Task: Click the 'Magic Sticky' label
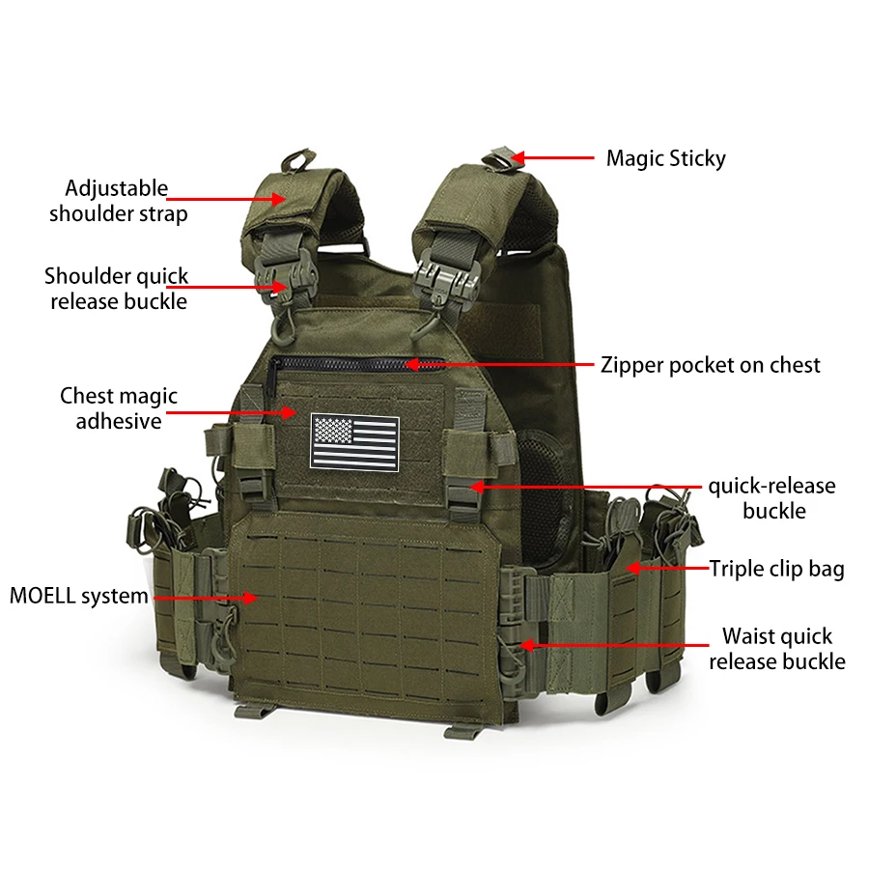[665, 158]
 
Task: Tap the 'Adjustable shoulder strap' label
[118, 201]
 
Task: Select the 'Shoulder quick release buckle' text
[117, 289]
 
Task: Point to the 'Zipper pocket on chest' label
[710, 365]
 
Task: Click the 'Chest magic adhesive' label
[119, 408]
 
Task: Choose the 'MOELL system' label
[79, 596]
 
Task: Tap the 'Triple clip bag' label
[776, 569]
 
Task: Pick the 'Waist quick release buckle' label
[777, 649]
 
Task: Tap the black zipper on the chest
[354, 364]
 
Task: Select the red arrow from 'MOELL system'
[206, 598]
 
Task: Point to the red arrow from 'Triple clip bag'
[668, 568]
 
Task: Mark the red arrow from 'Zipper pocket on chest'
[499, 365]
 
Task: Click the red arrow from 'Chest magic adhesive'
[232, 412]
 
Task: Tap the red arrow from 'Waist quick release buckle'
[614, 645]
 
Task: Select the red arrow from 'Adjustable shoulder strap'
[226, 198]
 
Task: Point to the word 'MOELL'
[42, 596]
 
